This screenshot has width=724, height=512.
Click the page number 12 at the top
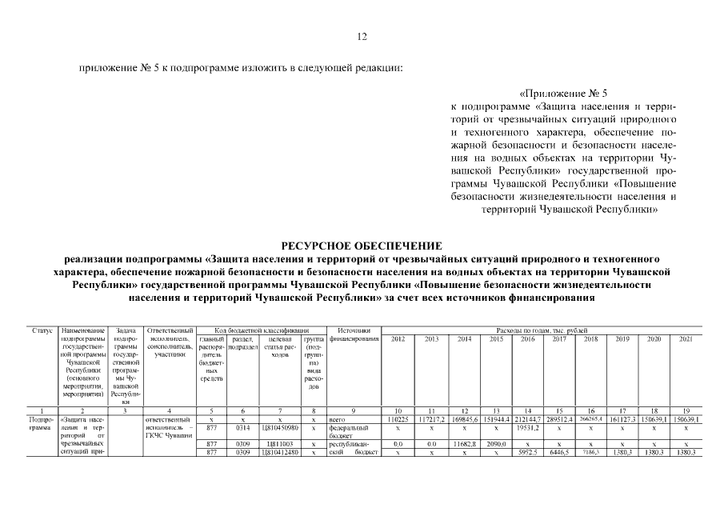pyautogui.click(x=362, y=36)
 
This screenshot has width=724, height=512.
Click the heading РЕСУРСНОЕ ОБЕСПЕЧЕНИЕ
pyautogui.click(x=362, y=246)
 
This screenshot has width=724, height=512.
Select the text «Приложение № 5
pyautogui.click(x=564, y=93)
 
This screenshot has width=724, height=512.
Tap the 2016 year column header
pyautogui.click(x=527, y=339)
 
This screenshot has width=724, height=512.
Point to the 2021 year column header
pyautogui.click(x=686, y=339)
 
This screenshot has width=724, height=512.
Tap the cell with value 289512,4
pyautogui.click(x=558, y=419)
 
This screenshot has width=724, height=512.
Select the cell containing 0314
pyautogui.click(x=242, y=428)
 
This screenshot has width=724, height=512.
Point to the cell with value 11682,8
pyautogui.click(x=463, y=442)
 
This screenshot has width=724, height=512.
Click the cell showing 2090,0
pyautogui.click(x=495, y=442)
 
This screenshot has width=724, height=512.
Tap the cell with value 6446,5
pyautogui.click(x=558, y=452)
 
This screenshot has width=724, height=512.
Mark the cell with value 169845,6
pyautogui.click(x=463, y=419)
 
